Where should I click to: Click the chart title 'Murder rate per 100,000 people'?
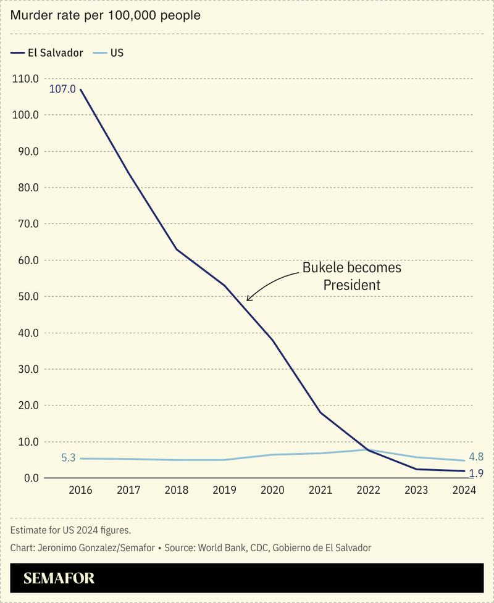(105, 15)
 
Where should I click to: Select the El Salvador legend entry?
(48, 52)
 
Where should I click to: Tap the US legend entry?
(109, 52)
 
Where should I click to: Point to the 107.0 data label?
(62, 89)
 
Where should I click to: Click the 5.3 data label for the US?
(69, 458)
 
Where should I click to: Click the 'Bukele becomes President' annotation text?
(351, 276)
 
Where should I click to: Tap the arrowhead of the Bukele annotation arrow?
(248, 299)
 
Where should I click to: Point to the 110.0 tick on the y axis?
(25, 78)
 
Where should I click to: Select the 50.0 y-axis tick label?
(25, 296)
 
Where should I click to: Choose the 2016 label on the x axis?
(80, 490)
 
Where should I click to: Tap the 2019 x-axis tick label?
(224, 490)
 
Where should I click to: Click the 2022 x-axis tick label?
(368, 490)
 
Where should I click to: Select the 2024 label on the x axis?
(464, 490)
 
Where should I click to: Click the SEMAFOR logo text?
(59, 578)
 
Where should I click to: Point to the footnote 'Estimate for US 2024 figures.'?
(70, 530)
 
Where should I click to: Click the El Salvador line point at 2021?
(320, 412)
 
